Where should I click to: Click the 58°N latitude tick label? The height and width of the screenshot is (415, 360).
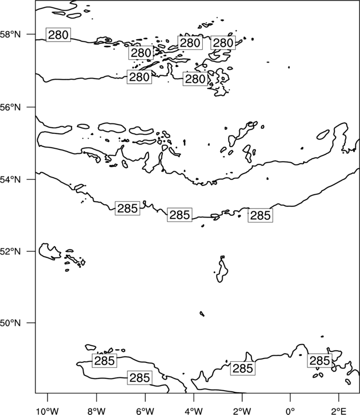10,34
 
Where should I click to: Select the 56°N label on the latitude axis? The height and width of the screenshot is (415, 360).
10,107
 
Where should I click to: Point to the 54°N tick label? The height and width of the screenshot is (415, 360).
10,180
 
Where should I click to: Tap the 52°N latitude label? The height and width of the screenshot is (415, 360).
10,251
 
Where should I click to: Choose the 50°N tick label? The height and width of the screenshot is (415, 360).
10,323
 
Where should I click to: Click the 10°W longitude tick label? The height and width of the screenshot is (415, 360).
48,411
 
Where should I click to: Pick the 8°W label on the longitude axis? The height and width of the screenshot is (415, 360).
96,411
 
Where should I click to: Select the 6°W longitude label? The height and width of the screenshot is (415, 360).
145,411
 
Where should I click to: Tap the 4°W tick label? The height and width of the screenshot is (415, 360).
193,411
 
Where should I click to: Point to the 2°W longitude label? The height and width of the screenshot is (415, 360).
242,411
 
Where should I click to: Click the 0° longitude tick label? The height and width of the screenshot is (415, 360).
290,411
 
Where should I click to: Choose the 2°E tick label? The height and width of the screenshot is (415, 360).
338,411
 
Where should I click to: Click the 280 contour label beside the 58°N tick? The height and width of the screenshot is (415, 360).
58,35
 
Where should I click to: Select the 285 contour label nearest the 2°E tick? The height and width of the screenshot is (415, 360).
320,360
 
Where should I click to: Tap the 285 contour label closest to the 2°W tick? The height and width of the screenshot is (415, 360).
243,368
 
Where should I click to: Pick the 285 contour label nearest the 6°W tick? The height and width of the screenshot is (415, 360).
140,378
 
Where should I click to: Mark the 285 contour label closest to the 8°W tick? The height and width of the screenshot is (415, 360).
104,360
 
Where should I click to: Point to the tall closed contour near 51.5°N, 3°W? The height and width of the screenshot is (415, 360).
222,269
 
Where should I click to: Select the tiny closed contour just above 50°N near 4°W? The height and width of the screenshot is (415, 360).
202,314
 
